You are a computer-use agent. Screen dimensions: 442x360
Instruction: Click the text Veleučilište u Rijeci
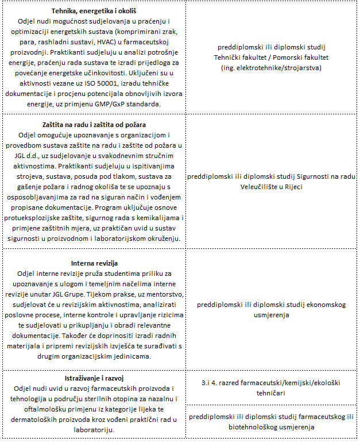tap(272, 187)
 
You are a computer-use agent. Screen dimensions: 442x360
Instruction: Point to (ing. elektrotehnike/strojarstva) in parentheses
tap(272, 68)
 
